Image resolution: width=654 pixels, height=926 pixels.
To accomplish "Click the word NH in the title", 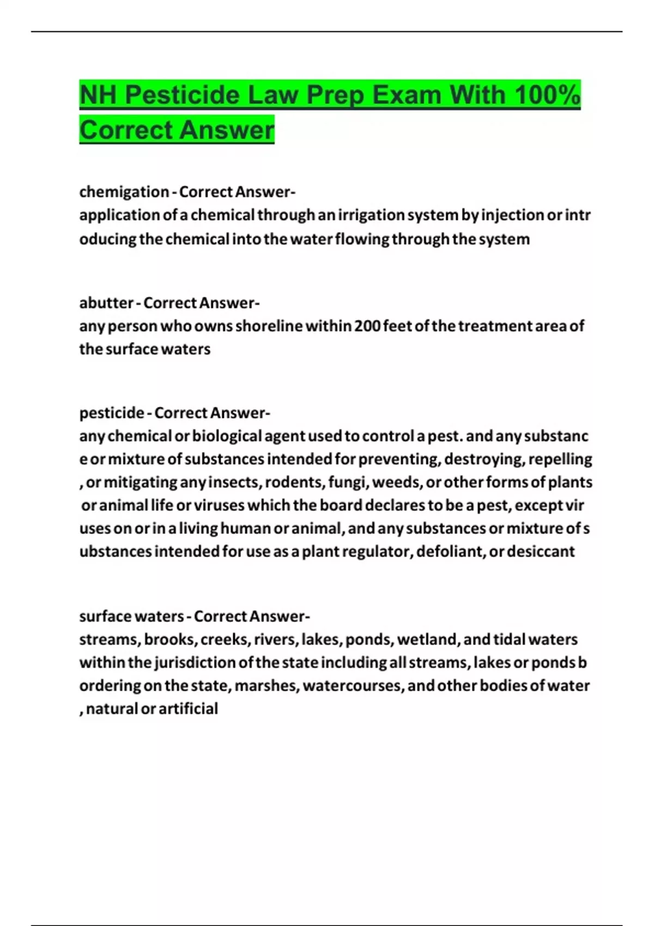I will click(x=98, y=95).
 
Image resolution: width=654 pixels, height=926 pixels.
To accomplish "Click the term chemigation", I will click(x=124, y=192).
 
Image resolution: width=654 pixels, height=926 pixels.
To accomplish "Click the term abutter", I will click(x=106, y=302).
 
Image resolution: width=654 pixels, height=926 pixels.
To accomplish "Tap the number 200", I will click(x=367, y=326).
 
